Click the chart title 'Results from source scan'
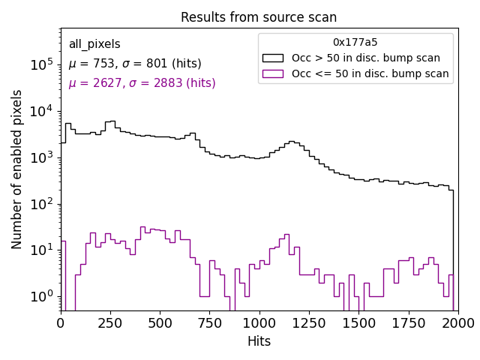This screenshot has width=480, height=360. pos(259,17)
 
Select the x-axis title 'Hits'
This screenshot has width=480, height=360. pos(259,341)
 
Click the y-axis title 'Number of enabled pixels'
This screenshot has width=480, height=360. pos(17,169)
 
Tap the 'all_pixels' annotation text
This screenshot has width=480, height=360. pos(94,44)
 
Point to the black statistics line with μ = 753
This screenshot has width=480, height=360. pos(135,64)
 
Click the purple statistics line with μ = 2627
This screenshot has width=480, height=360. pos(142,83)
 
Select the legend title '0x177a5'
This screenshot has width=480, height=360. pos(355,43)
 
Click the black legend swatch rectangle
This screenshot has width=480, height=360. pos(273,58)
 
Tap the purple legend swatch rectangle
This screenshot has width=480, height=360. pos(273,73)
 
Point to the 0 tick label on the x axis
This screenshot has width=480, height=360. pos(61,323)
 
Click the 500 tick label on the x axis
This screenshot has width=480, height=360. pos(160,323)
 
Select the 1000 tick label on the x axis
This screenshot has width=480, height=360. pos(259,323)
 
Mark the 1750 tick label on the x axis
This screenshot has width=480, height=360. pos(408,323)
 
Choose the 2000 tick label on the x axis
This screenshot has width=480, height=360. pos(457,323)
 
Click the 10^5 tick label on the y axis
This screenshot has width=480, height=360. pos(41,65)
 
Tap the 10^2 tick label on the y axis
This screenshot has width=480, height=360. pos(41,204)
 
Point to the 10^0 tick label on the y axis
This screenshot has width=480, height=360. pos(41,297)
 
